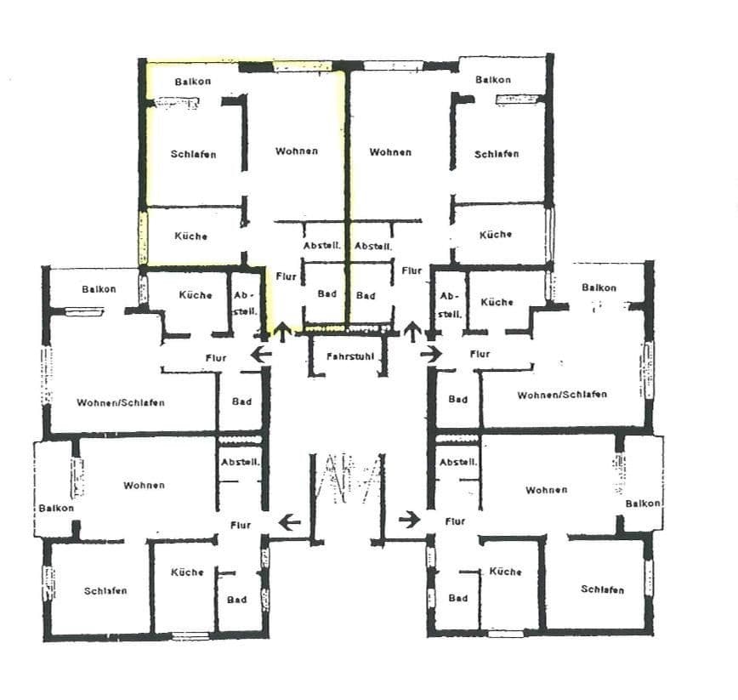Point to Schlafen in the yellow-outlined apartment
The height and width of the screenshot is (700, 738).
(193, 154)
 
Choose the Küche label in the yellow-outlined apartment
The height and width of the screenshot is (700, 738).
(190, 236)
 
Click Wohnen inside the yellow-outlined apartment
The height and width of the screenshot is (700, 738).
(297, 151)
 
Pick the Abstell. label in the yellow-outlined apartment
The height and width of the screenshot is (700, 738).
(322, 245)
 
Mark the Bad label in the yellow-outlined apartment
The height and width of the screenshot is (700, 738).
(326, 294)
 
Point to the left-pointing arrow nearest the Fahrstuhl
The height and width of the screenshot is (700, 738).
(261, 353)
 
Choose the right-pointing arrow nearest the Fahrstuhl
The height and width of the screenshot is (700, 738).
(431, 353)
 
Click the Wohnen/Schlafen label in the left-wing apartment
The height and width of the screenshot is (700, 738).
(120, 402)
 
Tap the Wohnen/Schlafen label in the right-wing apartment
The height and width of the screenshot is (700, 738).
(562, 395)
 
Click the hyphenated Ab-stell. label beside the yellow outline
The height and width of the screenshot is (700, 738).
(242, 304)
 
